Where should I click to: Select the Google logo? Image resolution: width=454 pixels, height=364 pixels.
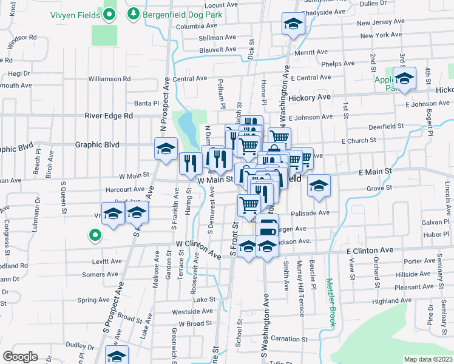20,356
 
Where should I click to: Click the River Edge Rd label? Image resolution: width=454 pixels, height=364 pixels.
109,115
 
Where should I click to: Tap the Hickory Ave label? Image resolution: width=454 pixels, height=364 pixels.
310,97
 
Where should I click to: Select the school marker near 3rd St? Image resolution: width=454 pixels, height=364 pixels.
404,78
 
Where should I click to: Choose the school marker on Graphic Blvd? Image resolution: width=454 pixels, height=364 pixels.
166,148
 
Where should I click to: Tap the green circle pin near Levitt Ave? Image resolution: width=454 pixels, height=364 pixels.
94,234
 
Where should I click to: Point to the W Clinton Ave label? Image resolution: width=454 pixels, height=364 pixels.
198,249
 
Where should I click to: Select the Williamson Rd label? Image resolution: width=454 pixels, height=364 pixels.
109,79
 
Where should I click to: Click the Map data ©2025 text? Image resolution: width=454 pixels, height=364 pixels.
428,359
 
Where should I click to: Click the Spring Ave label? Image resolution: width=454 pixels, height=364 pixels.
93,300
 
